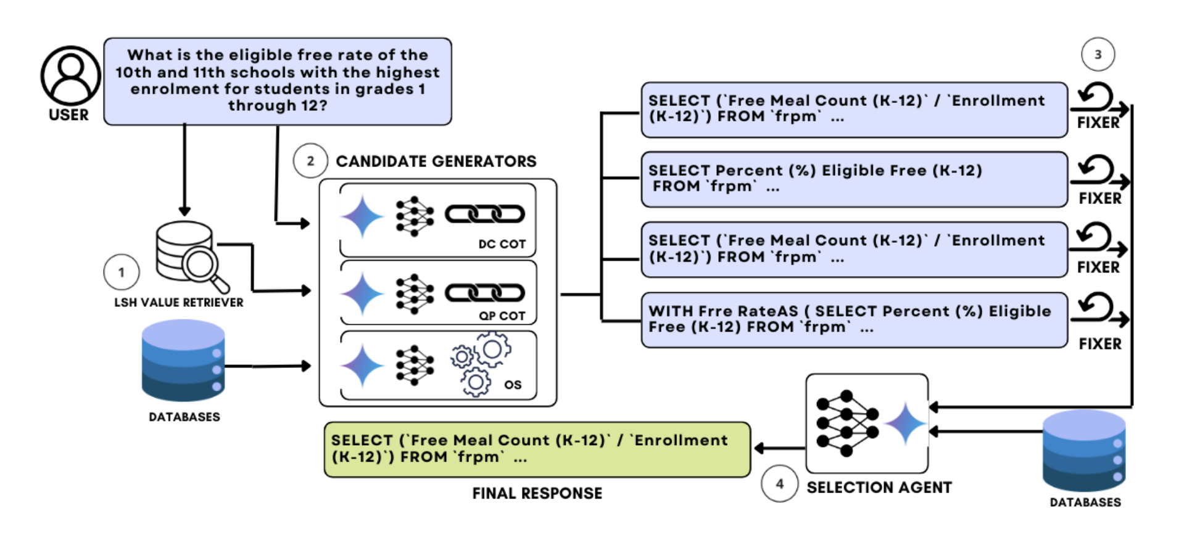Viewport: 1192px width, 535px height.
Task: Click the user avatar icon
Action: click(x=70, y=75)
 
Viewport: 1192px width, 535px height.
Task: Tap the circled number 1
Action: click(x=122, y=272)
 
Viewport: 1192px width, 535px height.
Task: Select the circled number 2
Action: click(x=310, y=161)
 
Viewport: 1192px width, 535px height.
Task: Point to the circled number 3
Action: click(x=1098, y=54)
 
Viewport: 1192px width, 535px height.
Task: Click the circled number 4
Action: click(x=779, y=484)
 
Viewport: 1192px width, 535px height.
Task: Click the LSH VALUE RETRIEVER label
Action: click(x=178, y=303)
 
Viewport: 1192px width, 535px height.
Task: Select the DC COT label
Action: click(x=502, y=244)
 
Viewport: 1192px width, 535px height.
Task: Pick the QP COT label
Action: click(x=502, y=316)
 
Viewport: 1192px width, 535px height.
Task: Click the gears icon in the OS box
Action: click(x=481, y=364)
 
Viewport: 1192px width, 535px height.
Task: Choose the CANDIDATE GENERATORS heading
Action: click(x=436, y=161)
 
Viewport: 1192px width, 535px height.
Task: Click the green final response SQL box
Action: click(x=537, y=449)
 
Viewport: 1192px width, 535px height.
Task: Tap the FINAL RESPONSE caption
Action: click(x=537, y=493)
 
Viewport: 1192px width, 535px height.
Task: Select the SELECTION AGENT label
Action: click(x=879, y=488)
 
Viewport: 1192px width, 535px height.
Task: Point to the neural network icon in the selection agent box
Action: click(x=846, y=423)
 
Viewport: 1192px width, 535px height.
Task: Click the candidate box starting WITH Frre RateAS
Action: click(x=854, y=320)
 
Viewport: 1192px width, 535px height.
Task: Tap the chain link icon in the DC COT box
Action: click(x=485, y=214)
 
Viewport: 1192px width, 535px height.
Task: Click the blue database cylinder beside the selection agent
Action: click(x=1083, y=451)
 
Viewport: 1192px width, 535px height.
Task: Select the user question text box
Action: click(x=278, y=81)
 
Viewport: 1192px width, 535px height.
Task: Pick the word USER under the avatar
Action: click(x=68, y=115)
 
